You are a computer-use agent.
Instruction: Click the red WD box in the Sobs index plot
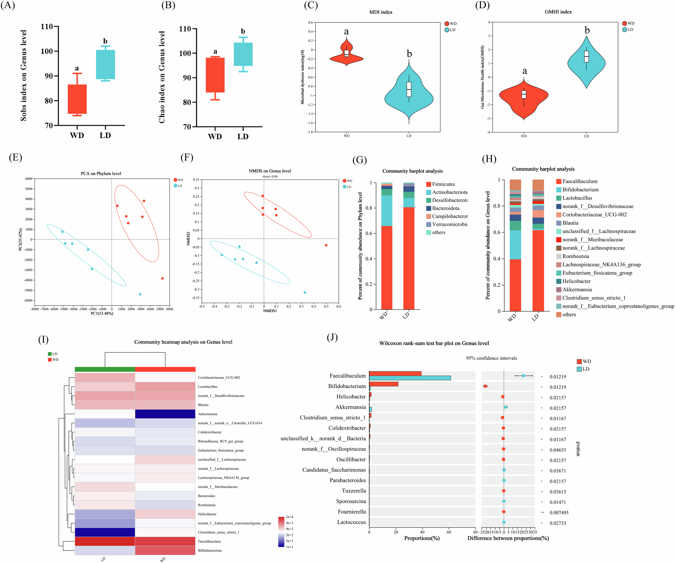tap(77, 99)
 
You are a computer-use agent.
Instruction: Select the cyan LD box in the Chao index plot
tap(243, 54)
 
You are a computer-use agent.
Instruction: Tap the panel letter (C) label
tap(311, 6)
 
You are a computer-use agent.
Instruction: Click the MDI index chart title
tap(381, 12)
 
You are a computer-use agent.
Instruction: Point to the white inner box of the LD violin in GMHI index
tap(586, 57)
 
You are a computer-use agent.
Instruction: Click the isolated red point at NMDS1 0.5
tap(326, 245)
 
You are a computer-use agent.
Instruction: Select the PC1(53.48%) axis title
tap(102, 313)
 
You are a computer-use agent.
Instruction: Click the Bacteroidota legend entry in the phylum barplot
tap(445, 208)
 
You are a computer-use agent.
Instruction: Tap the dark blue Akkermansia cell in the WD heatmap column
tap(165, 414)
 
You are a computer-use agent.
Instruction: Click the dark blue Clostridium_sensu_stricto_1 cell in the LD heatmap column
tap(105, 532)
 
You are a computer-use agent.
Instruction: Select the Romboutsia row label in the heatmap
tap(206, 505)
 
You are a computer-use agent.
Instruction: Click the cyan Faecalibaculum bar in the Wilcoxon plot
tap(410, 378)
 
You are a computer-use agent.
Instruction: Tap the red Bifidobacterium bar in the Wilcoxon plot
tap(384, 384)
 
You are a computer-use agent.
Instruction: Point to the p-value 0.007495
tap(559, 513)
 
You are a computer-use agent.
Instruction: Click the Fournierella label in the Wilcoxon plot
tap(352, 512)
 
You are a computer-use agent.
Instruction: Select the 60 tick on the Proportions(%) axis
tap(449, 532)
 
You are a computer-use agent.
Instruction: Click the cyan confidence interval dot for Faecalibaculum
tap(523, 376)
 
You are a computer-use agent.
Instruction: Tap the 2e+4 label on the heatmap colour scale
tap(290, 517)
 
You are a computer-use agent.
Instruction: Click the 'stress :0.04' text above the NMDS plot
tap(270, 176)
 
